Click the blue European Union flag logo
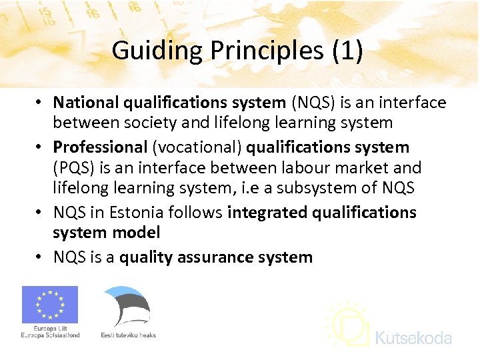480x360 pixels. (50, 305)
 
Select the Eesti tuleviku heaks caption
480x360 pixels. (128, 335)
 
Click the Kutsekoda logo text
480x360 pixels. (413, 339)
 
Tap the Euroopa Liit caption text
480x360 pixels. (50, 329)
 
